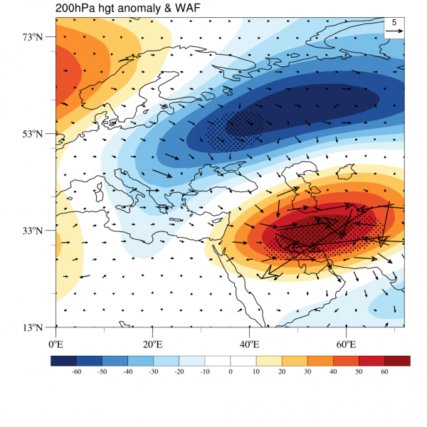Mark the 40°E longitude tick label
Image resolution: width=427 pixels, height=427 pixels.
point(249,344)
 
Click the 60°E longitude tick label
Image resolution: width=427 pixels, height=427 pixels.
point(346,344)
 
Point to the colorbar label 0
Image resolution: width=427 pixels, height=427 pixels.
point(231,371)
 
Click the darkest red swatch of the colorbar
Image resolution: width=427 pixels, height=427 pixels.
point(398,361)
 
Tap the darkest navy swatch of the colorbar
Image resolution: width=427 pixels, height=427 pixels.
point(63,361)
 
